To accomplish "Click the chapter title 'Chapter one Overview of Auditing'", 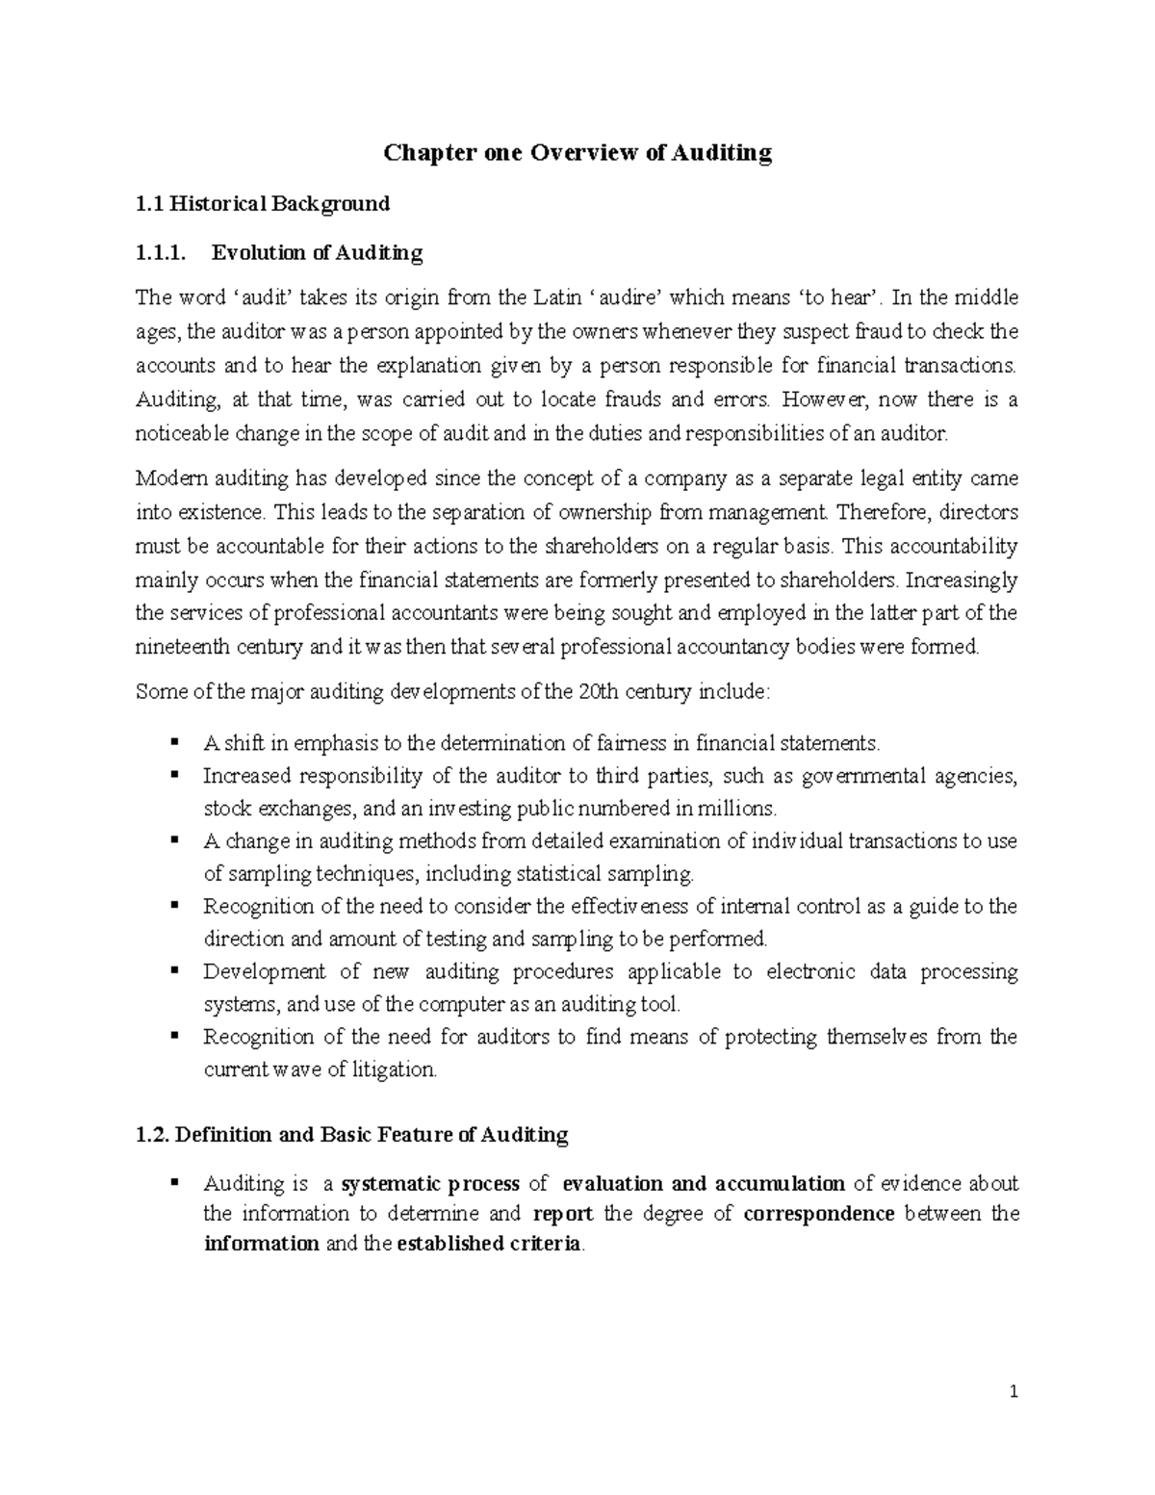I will point(577,153).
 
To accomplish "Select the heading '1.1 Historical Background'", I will point(263,203).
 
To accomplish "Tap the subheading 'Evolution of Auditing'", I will point(317,253).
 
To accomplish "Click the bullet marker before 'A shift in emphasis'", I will point(174,742).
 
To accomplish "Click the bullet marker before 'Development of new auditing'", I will point(174,970).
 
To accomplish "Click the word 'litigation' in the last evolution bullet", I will point(394,1070).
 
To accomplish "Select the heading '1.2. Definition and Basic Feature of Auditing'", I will point(352,1135).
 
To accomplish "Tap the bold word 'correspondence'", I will point(819,1213).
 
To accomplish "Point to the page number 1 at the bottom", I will point(1014,1392).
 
